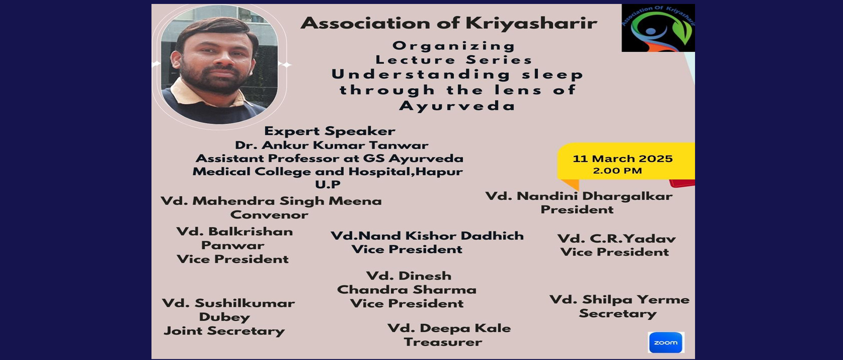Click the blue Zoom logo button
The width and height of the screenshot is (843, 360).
pyautogui.click(x=666, y=342)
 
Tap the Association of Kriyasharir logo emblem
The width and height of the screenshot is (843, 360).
pyautogui.click(x=658, y=28)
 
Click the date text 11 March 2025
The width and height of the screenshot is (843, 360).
pyautogui.click(x=623, y=158)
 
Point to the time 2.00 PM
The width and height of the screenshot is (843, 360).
pyautogui.click(x=617, y=171)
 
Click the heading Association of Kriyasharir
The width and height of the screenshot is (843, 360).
pyautogui.click(x=449, y=23)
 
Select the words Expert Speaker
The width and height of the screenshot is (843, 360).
pyautogui.click(x=329, y=131)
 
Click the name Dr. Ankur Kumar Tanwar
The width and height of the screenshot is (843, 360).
pyautogui.click(x=331, y=145)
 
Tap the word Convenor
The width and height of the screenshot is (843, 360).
pyautogui.click(x=269, y=215)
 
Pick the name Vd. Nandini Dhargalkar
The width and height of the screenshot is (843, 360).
pyautogui.click(x=579, y=196)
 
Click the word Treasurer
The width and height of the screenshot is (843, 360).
pyautogui.click(x=443, y=342)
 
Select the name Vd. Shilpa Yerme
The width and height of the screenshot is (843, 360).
pyautogui.click(x=620, y=299)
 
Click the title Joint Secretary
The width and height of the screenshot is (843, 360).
pyautogui.click(x=224, y=331)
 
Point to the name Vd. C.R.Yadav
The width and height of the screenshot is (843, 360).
pyautogui.click(x=616, y=239)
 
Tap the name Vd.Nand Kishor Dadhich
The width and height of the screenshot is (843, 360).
pyautogui.click(x=427, y=236)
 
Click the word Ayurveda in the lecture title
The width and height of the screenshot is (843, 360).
pyautogui.click(x=457, y=106)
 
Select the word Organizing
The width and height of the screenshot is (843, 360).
pyautogui.click(x=454, y=46)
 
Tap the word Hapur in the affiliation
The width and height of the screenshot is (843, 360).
pyautogui.click(x=439, y=172)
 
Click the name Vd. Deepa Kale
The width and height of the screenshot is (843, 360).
pyautogui.click(x=449, y=328)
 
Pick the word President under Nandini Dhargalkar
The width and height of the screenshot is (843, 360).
pyautogui.click(x=577, y=210)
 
